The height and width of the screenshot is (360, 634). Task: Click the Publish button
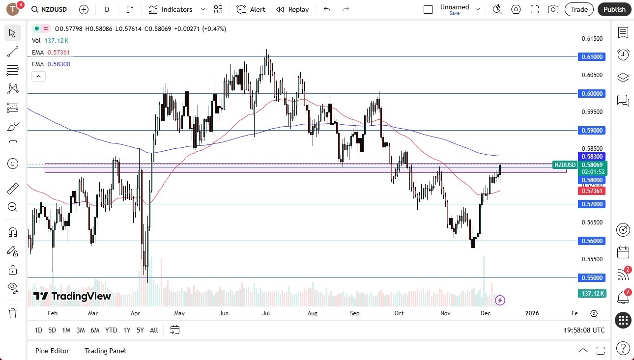[614, 9]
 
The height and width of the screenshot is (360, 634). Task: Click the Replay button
[292, 9]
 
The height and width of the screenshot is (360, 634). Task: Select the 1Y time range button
[127, 330]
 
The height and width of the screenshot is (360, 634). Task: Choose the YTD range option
[111, 330]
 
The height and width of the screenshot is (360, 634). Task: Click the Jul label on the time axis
[267, 313]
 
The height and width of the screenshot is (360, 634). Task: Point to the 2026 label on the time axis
[532, 313]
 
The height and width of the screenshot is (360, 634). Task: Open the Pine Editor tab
[52, 351]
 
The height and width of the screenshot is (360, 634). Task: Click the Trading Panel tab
[105, 351]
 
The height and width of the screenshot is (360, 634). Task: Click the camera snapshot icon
[553, 9]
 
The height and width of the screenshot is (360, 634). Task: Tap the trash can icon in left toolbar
[13, 313]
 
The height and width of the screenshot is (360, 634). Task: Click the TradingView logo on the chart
[72, 296]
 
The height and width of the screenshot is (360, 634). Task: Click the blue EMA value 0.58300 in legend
[59, 64]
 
